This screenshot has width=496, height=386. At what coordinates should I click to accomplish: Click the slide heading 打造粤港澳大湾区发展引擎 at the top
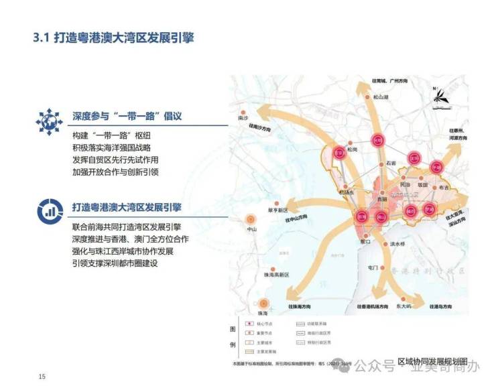click(114, 38)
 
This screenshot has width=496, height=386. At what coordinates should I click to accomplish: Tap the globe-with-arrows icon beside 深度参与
click(49, 119)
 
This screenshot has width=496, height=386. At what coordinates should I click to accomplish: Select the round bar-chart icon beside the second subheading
click(49, 209)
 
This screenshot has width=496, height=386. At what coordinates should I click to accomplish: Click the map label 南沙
click(243, 117)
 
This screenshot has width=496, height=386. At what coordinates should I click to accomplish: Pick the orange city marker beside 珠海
click(263, 304)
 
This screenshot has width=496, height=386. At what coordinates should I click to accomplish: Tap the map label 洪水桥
click(397, 244)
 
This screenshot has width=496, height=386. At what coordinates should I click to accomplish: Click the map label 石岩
click(391, 163)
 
